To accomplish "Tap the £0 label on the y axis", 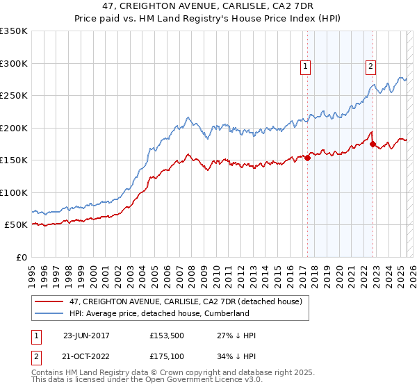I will click(x=19, y=257).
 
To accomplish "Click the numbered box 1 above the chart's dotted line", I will click(x=305, y=67).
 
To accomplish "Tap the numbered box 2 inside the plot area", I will click(x=370, y=67).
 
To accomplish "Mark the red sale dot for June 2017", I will click(x=307, y=158).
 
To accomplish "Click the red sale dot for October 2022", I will click(x=373, y=144).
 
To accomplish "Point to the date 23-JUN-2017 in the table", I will click(x=86, y=336).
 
